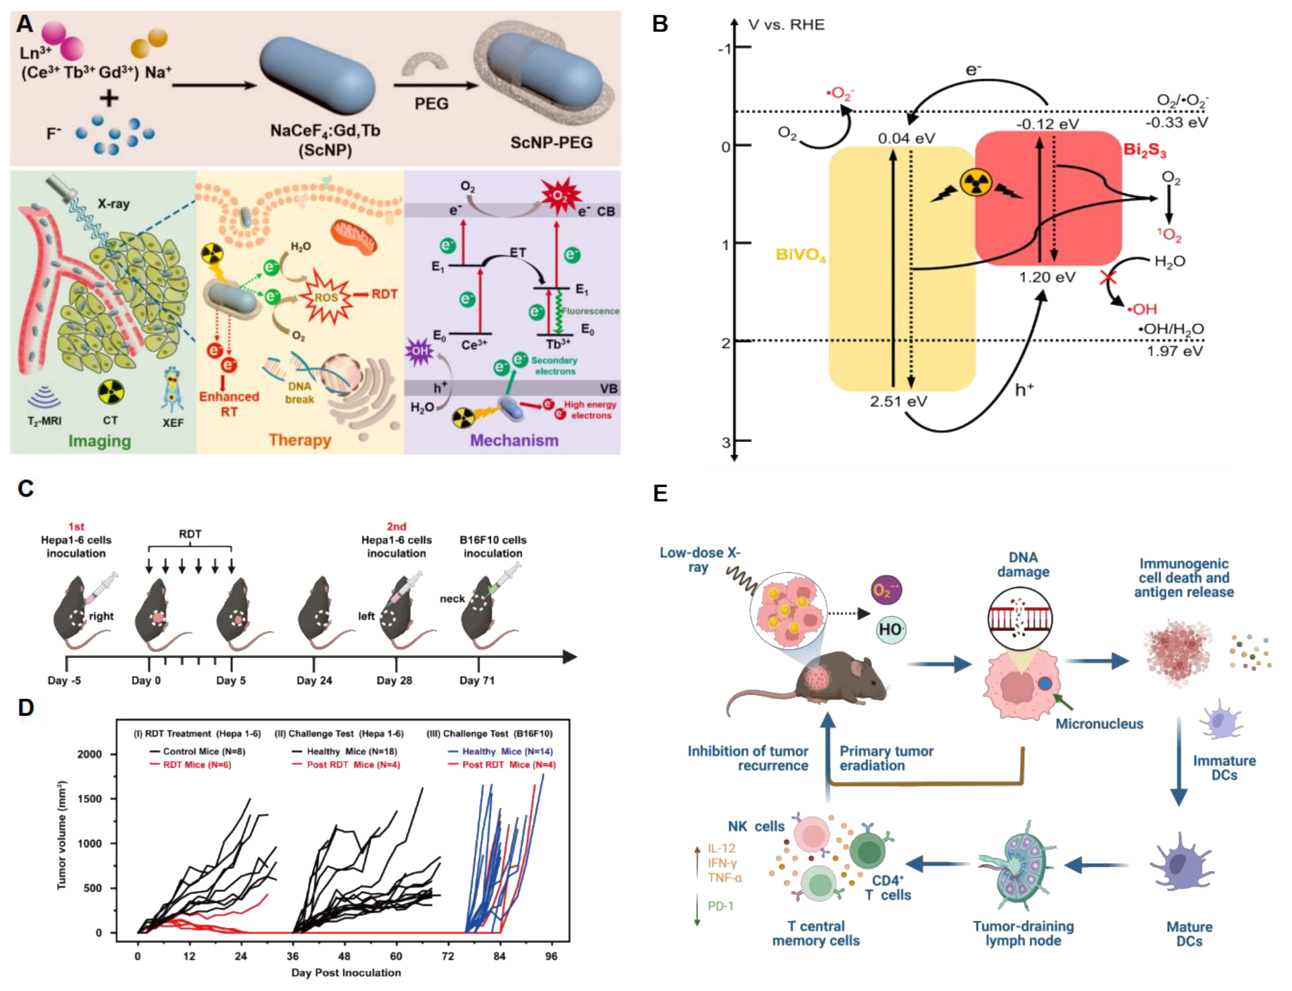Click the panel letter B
659,24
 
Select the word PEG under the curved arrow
431,104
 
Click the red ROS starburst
326,297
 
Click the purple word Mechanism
514,440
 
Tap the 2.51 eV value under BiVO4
898,402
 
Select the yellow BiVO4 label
800,255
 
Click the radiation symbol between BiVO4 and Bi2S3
976,184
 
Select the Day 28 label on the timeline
394,680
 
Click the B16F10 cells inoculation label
493,546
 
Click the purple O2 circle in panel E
886,590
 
